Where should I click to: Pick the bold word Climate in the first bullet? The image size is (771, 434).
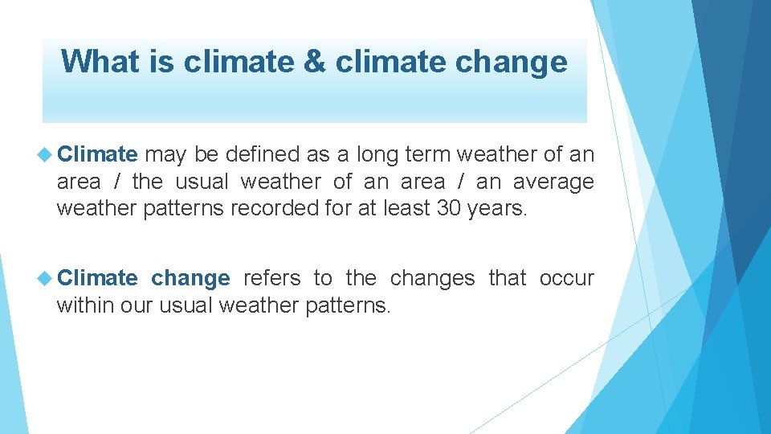coord(97,154)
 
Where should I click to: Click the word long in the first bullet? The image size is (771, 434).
coord(377,154)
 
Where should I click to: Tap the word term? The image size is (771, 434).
coord(433,154)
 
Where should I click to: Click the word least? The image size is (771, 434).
coord(404,209)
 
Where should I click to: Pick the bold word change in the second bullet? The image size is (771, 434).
coord(190,278)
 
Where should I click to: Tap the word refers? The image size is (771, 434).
coord(271,278)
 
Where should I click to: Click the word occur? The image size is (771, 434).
coord(566,278)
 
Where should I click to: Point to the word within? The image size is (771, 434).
coord(82,305)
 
